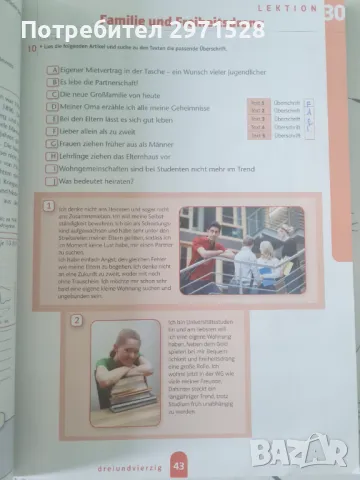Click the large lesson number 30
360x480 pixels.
click(x=332, y=12)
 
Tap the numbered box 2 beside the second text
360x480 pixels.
click(x=76, y=322)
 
